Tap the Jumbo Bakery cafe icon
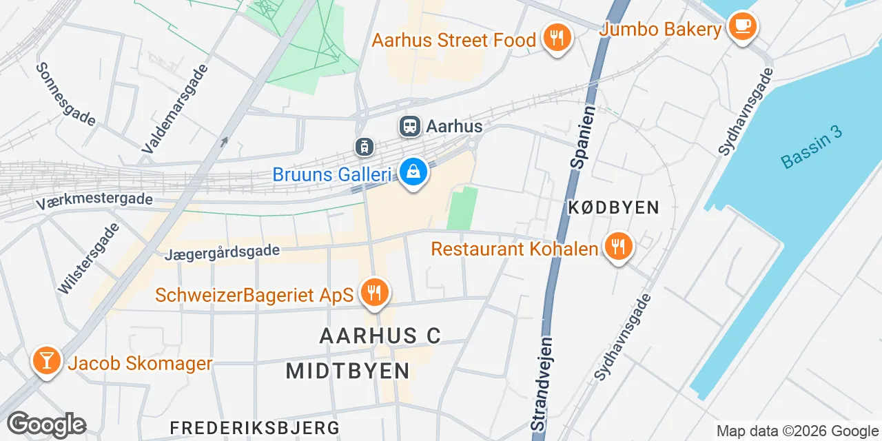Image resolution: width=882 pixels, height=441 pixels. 741,26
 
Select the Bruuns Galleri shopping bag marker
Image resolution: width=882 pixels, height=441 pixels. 413,172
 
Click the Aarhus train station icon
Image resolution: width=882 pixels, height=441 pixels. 409,126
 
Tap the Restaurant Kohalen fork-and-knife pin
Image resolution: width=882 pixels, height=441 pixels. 618,246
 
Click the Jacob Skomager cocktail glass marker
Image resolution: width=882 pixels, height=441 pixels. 46,360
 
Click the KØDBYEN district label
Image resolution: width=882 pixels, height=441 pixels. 613,207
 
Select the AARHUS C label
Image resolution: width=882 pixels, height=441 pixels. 380,336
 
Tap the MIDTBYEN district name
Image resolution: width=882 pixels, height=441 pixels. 348,371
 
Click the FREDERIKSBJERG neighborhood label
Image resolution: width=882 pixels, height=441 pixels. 255,427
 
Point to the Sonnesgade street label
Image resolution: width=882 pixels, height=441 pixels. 65,94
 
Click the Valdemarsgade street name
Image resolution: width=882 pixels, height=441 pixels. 174,109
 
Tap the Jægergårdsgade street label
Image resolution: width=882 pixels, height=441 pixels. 222,252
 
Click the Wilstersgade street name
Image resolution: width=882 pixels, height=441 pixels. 83,258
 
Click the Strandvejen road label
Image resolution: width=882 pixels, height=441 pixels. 543,384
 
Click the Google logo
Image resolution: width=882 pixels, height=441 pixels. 47,424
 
